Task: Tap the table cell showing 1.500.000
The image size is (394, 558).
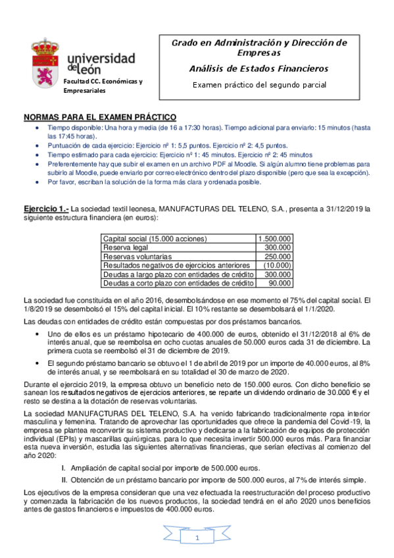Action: pos(276,238)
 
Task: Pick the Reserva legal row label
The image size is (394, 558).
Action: pos(126,247)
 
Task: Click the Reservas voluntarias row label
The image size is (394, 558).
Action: pos(137,256)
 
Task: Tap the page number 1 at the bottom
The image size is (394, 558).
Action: pos(196,539)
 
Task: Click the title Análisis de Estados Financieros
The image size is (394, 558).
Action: pos(259,68)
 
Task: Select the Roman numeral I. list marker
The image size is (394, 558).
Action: pos(63,468)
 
